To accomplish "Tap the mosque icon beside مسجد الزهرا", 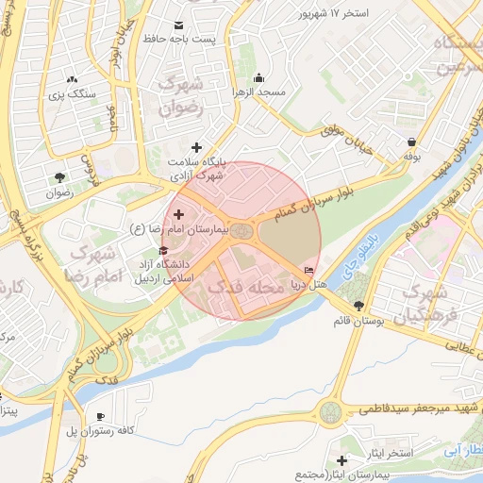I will tap(259, 78).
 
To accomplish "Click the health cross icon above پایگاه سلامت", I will tap(196, 147).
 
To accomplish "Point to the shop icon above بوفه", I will tap(412, 142).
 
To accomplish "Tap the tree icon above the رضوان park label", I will tap(60, 177).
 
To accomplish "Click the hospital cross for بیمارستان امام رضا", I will tap(178, 215).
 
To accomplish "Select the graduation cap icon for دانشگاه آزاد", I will tap(165, 251).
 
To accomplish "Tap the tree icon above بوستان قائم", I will tap(358, 305).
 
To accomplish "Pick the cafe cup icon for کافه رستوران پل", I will tap(100, 416).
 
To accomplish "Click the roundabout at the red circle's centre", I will tap(242, 231).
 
